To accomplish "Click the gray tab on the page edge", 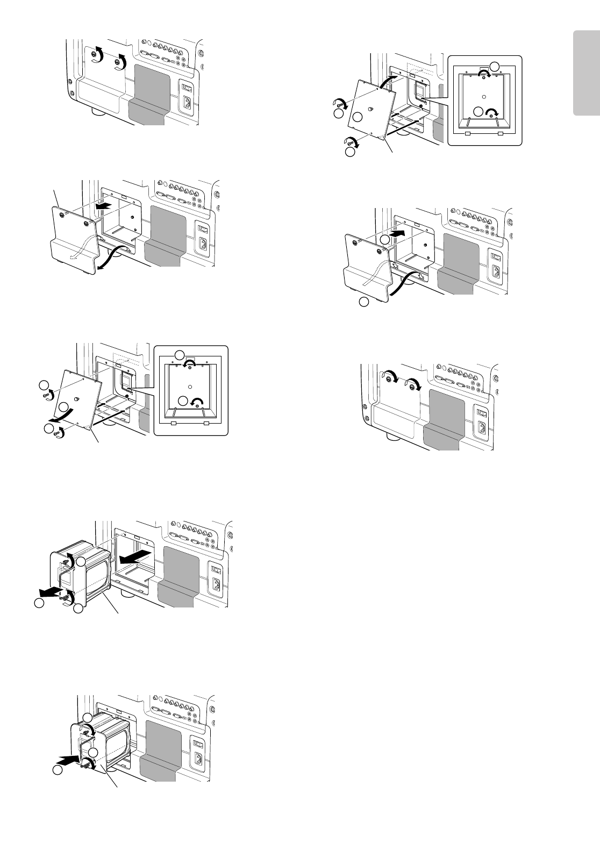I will click(587, 74).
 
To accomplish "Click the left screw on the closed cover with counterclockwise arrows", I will click(97, 56).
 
